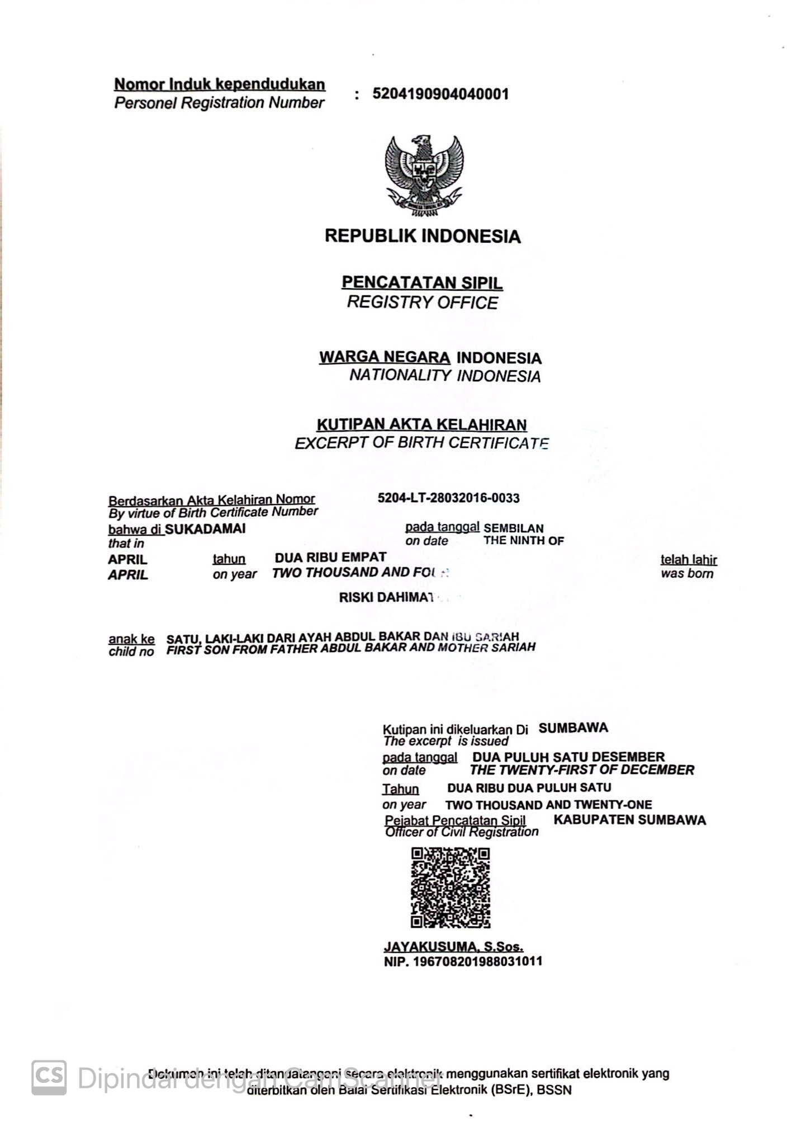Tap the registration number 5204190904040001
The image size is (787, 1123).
(x=440, y=94)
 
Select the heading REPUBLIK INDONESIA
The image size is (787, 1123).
(x=423, y=236)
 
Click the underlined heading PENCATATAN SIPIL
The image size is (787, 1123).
(x=422, y=282)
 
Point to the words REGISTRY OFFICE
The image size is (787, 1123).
(x=422, y=303)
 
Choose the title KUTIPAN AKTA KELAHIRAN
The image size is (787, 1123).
(x=421, y=425)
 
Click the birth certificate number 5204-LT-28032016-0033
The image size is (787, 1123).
(x=448, y=498)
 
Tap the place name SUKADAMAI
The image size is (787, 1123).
(x=205, y=529)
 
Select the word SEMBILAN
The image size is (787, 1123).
(x=513, y=528)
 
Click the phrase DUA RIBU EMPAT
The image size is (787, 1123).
(x=330, y=558)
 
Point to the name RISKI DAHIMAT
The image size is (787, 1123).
(x=387, y=597)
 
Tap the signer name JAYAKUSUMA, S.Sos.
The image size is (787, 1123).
(x=453, y=947)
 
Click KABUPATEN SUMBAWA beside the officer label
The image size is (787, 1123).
(x=629, y=820)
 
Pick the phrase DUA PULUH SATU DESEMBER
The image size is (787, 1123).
(x=568, y=757)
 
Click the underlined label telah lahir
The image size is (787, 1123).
(x=688, y=560)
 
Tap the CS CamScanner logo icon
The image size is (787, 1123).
(x=49, y=1077)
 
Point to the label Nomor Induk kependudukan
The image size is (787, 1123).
(x=220, y=84)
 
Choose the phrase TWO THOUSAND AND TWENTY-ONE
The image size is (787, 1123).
(x=548, y=805)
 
